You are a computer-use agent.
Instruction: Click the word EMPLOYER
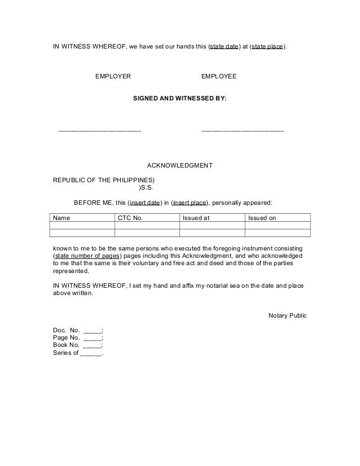click(x=113, y=76)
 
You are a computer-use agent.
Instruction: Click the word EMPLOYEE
click(x=219, y=76)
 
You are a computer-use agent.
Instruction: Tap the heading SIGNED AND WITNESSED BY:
click(x=179, y=98)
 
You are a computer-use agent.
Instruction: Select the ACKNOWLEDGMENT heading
click(x=179, y=166)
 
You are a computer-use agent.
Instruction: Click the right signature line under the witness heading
click(x=243, y=131)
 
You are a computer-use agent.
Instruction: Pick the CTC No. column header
click(x=130, y=218)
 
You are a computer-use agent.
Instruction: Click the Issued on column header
click(x=262, y=218)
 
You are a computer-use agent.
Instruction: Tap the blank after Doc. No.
click(x=93, y=331)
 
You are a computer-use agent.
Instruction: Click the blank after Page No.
click(x=93, y=338)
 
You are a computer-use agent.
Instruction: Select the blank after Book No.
click(x=93, y=346)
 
